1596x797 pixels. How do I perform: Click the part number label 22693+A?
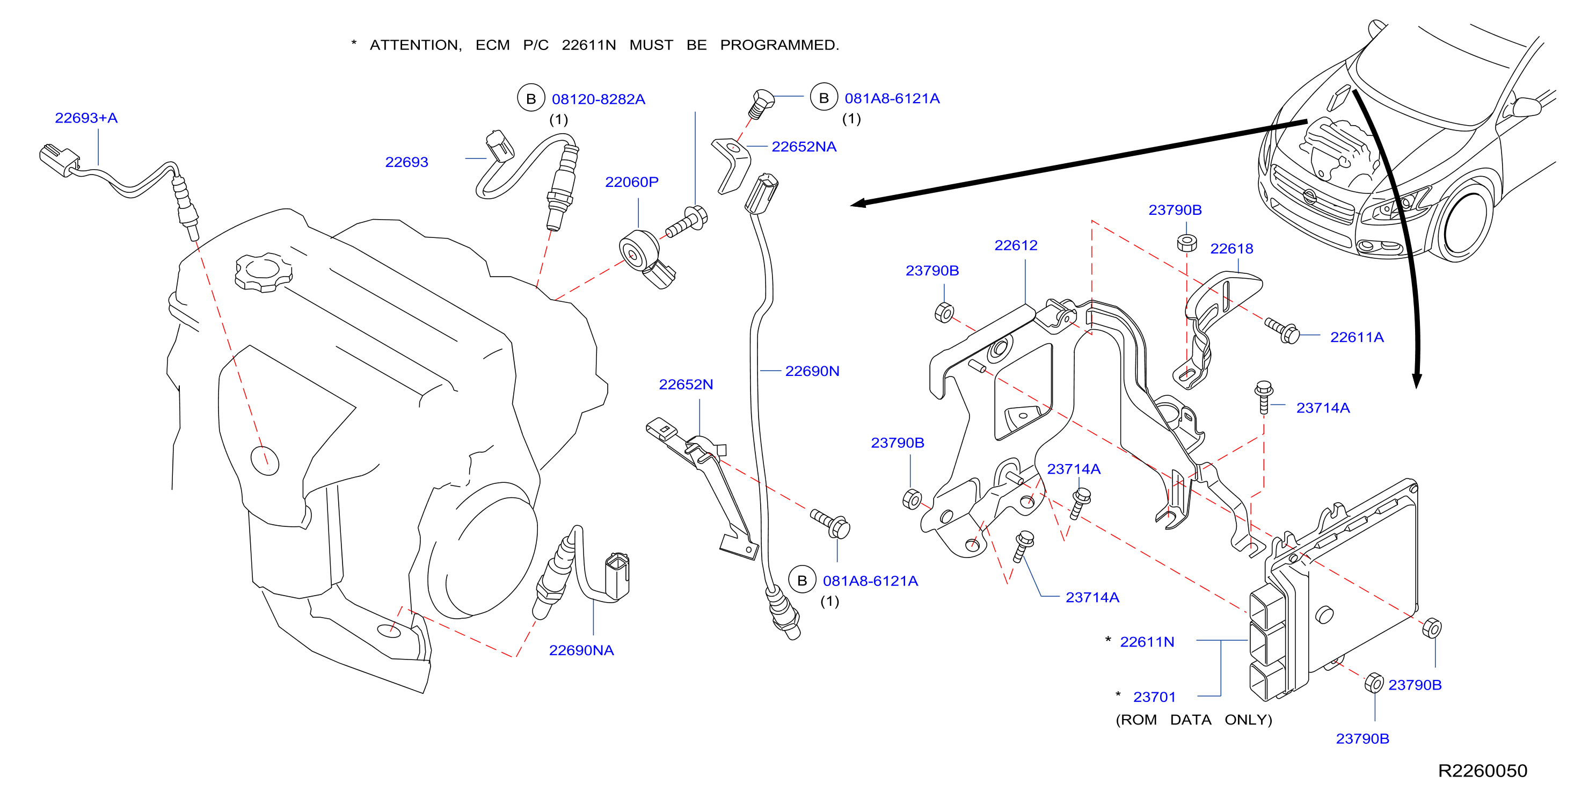click(x=86, y=118)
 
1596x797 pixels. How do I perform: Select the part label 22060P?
click(x=631, y=182)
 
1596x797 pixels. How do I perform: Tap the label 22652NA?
click(x=804, y=146)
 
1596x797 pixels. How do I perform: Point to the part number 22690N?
click(x=812, y=371)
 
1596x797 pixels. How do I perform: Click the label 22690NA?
click(x=581, y=650)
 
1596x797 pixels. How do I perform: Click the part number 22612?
click(x=1016, y=245)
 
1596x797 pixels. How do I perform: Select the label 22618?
click(x=1231, y=249)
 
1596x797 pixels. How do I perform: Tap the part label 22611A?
click(x=1357, y=337)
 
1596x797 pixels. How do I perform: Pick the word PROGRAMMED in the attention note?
click(x=779, y=45)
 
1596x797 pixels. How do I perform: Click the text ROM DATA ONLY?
click(x=1194, y=720)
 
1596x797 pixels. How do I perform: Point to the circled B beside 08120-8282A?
click(x=531, y=98)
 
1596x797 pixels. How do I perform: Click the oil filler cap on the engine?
click(x=263, y=272)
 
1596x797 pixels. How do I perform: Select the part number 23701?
click(x=1154, y=697)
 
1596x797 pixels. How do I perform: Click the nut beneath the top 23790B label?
click(x=1186, y=243)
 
